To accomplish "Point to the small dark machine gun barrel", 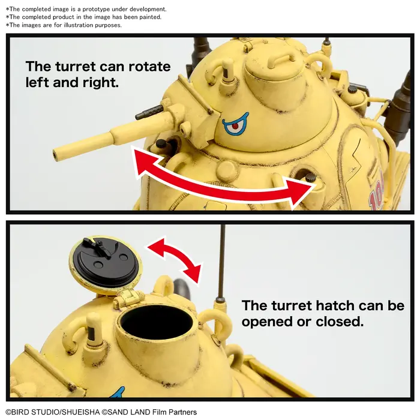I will pos(148,112).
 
